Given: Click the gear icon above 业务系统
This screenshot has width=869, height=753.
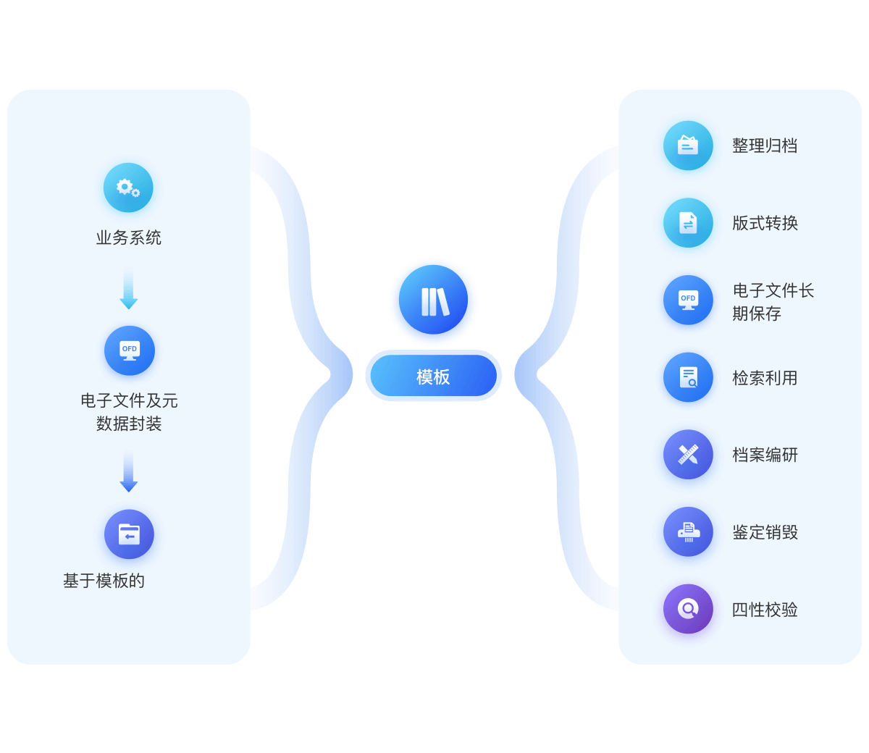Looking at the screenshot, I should [x=128, y=188].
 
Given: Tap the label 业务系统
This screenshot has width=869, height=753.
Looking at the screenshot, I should [x=128, y=237].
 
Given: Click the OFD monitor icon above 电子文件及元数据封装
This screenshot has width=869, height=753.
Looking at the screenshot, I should [x=129, y=350].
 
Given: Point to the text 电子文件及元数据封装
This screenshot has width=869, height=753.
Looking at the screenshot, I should [x=129, y=412].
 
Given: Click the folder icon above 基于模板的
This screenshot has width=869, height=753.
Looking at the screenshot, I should [x=129, y=534].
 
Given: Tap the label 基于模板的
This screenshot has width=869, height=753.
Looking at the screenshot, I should [x=104, y=581].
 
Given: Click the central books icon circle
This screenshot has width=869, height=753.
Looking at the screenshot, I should [x=433, y=301].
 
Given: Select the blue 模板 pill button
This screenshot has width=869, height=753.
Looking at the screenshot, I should [x=433, y=376].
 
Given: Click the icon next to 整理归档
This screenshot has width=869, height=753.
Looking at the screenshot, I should [x=688, y=146].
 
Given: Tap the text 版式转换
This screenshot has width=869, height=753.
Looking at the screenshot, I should [x=765, y=223].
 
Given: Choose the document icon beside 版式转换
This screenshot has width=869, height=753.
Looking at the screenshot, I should [x=688, y=223].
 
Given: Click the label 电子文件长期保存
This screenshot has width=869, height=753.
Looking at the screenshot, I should [x=772, y=302].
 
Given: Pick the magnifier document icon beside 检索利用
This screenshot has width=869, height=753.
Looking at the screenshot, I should [x=688, y=377].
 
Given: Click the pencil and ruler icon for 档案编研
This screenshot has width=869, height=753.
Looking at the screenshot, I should [x=688, y=455].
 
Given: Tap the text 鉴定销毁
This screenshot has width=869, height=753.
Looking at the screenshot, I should [x=765, y=532].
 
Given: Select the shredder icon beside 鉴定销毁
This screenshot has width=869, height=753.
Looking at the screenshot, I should [x=688, y=532].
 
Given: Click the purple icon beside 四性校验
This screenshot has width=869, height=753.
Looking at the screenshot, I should [x=688, y=609].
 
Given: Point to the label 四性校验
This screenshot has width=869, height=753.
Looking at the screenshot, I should [x=765, y=610].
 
